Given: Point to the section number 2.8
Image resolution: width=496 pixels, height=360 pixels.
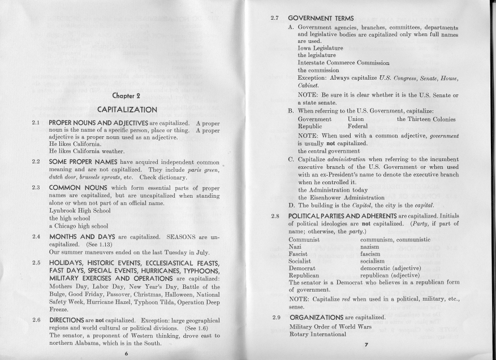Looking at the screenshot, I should click(276, 216).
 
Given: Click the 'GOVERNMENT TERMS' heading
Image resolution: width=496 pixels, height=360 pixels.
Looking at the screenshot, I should click(321, 19).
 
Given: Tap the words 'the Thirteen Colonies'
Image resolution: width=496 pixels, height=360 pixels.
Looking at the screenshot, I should click(426, 119).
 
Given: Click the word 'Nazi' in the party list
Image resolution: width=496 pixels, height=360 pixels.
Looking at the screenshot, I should click(296, 247).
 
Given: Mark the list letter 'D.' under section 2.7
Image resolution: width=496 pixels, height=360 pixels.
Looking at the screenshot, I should click(292, 205).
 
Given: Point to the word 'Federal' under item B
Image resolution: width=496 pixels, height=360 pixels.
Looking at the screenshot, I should click(358, 127).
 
